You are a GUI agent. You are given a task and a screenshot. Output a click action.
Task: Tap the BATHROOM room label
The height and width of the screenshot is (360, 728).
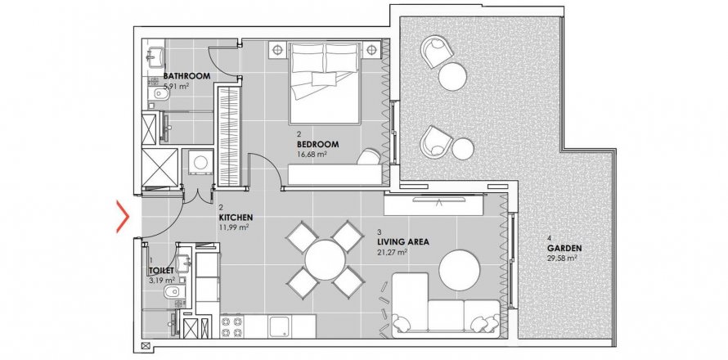coord(186,76)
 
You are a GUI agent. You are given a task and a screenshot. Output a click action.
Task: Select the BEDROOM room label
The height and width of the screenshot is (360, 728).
coord(317,145)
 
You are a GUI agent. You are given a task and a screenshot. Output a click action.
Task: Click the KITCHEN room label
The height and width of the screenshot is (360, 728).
coord(236,218)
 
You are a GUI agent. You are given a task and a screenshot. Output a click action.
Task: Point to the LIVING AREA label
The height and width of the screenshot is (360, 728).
coord(403,242)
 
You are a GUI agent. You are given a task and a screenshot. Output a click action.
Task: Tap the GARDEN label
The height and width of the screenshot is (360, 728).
coord(564,248)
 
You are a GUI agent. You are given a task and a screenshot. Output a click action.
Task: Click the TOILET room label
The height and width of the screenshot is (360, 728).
coord(162,270)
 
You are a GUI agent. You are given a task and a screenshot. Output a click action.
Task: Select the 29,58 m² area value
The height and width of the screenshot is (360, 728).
coord(562,258)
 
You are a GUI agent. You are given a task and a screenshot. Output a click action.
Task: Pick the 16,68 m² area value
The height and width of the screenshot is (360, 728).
coord(312,154)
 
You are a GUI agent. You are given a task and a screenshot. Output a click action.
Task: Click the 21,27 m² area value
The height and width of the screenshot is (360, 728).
coord(393,252)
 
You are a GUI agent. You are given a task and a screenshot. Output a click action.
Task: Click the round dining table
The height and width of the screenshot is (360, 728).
coord(325,259)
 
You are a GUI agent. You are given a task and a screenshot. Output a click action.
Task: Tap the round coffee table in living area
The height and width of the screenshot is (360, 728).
coord(460,270)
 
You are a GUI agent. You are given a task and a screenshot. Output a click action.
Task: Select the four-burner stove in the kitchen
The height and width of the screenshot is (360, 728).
coord(231,326)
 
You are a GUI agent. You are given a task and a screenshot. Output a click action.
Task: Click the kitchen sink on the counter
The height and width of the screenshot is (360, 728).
coord(279,326)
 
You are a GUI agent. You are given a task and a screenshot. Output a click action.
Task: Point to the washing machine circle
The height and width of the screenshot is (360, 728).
coord(201,163)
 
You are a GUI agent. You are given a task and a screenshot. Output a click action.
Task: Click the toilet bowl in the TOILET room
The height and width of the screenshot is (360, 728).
coord(173,292)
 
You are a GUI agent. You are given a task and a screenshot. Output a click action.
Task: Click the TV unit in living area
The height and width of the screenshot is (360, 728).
coord(434,205)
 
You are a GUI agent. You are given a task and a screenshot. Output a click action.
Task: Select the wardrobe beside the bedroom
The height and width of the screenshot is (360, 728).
coord(230,137)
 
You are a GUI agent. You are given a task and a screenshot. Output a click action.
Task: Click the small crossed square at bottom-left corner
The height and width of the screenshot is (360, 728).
coord(146,345)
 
